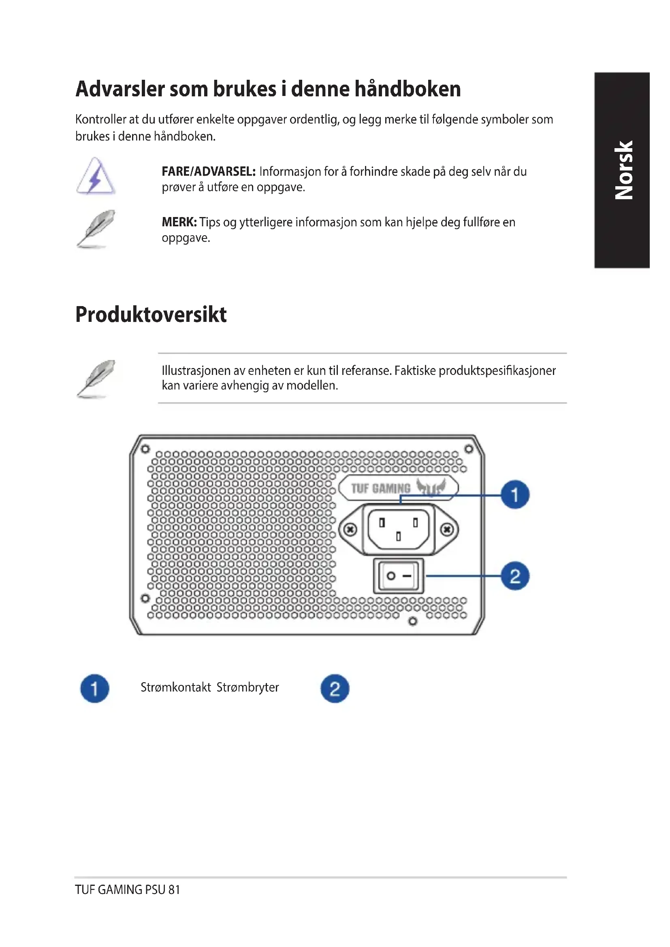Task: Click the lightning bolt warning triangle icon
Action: pyautogui.click(x=96, y=176)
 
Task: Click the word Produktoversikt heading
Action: pyautogui.click(x=151, y=315)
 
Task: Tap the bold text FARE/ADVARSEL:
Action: pyautogui.click(x=208, y=172)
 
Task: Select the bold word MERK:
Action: pyautogui.click(x=179, y=222)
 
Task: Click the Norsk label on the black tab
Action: pyautogui.click(x=623, y=170)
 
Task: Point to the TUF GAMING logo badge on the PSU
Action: pyautogui.click(x=398, y=488)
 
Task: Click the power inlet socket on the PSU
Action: pyautogui.click(x=398, y=529)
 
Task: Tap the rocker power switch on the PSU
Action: pyautogui.click(x=398, y=576)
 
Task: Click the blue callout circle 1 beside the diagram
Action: pyautogui.click(x=515, y=494)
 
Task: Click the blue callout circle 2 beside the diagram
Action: pyautogui.click(x=515, y=576)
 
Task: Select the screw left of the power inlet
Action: pyautogui.click(x=350, y=529)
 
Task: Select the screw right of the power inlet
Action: pyautogui.click(x=447, y=529)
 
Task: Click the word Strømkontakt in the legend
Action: pyautogui.click(x=176, y=687)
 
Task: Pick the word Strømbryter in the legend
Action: pyautogui.click(x=248, y=687)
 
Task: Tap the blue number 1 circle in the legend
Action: pyautogui.click(x=94, y=688)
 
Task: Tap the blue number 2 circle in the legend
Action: pyautogui.click(x=335, y=688)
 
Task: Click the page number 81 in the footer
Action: pyautogui.click(x=174, y=890)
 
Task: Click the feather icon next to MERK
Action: pyautogui.click(x=96, y=229)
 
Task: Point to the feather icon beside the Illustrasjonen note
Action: pyautogui.click(x=96, y=379)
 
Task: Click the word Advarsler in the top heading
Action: pyautogui.click(x=120, y=89)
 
